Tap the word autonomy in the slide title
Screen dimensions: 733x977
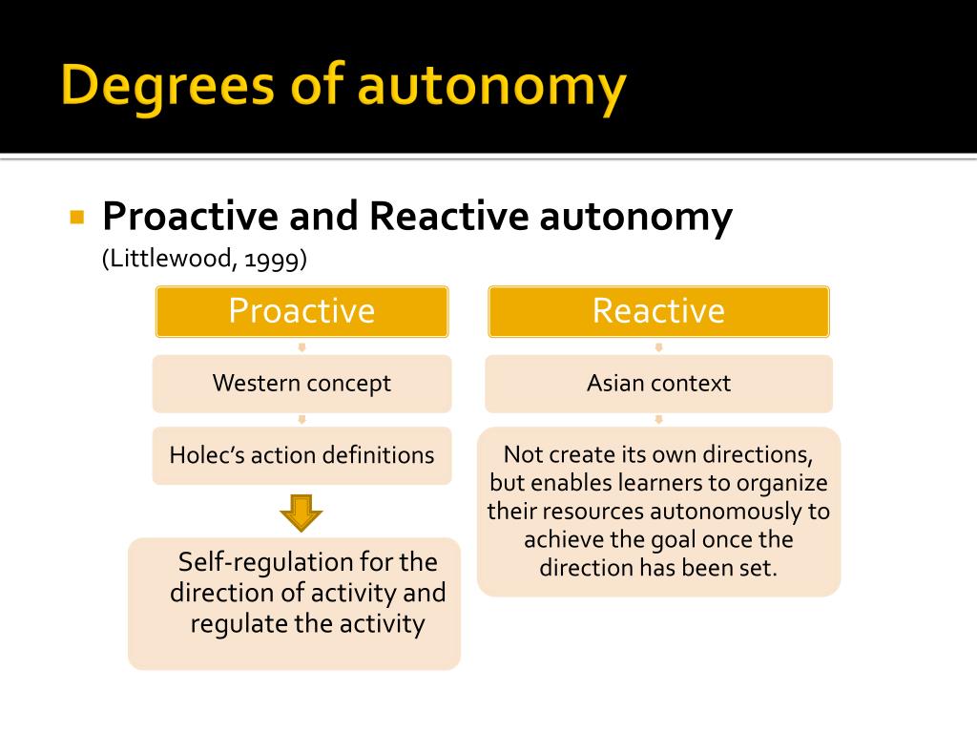(x=492, y=87)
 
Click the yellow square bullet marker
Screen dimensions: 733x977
(x=78, y=217)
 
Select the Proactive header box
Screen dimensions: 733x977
(x=301, y=311)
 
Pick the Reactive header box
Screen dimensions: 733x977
(x=658, y=311)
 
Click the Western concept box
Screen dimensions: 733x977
(x=301, y=384)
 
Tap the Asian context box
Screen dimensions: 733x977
(x=658, y=384)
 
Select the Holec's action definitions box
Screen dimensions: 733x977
(x=301, y=455)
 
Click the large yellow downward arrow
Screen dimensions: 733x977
(x=301, y=513)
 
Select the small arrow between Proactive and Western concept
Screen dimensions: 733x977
(x=301, y=346)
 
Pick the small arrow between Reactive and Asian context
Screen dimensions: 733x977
(x=658, y=346)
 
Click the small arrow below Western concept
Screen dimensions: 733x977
(x=301, y=419)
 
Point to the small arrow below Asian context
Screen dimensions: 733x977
(x=658, y=419)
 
